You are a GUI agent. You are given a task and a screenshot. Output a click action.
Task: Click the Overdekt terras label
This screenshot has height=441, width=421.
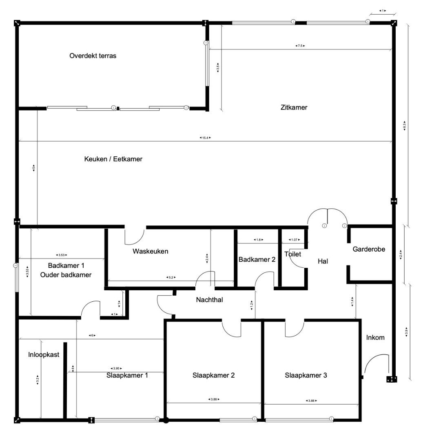[93, 56]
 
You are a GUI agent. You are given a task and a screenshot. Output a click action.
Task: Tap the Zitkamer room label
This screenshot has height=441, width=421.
[294, 107]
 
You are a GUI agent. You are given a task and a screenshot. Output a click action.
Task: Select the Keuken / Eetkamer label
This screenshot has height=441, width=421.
[113, 159]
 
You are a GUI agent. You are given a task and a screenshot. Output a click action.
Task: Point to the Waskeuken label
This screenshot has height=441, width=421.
[150, 251]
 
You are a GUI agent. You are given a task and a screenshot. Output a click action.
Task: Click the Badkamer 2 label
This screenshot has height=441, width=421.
[257, 259]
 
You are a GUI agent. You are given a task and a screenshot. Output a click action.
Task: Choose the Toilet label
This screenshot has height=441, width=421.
[292, 254]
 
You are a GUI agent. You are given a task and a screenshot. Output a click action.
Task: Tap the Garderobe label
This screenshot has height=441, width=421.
[369, 249]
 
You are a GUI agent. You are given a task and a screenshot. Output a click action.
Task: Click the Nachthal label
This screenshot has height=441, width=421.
[209, 300]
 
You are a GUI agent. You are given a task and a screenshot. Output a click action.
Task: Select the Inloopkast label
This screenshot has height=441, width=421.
[44, 354]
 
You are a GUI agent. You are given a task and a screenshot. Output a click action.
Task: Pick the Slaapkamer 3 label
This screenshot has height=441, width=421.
[306, 375]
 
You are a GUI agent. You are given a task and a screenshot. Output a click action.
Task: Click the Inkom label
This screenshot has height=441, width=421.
[375, 337]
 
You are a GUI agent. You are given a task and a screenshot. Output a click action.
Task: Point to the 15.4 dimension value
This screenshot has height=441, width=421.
[205, 138]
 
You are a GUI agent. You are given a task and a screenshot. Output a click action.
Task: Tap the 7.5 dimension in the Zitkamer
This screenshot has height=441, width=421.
[300, 46]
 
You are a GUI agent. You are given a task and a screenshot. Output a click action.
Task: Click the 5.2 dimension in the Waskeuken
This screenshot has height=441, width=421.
[171, 277]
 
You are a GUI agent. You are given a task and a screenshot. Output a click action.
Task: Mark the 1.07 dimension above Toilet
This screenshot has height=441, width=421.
[294, 240]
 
